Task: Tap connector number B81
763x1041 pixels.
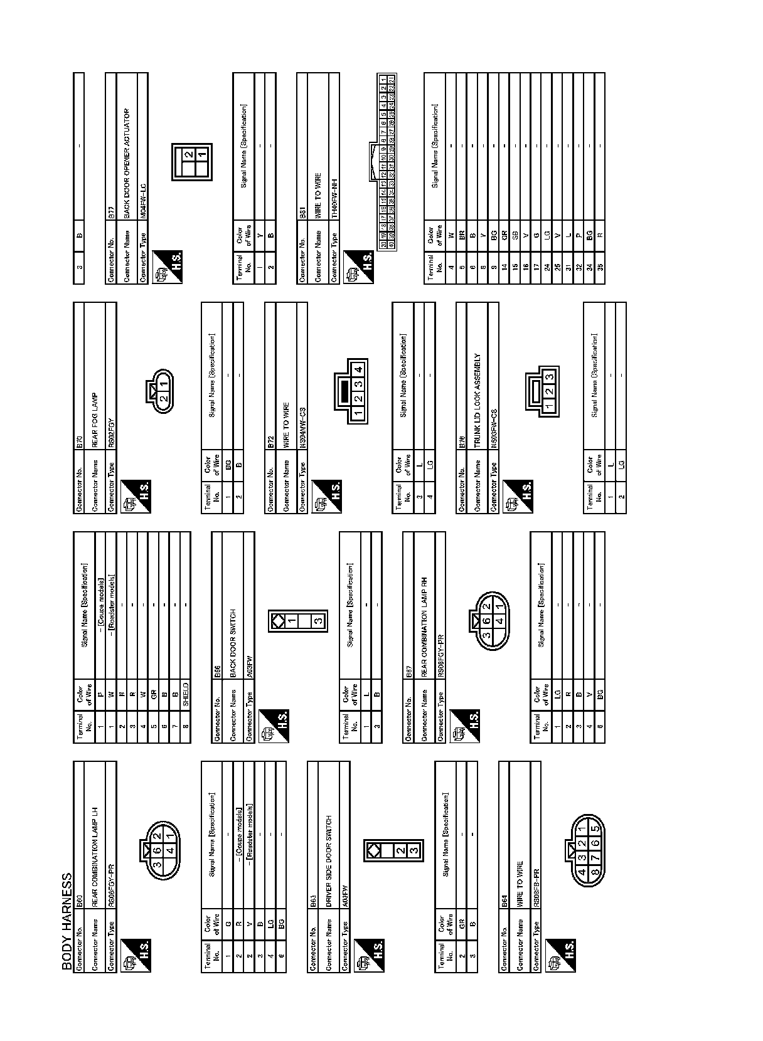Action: coord(302,214)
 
